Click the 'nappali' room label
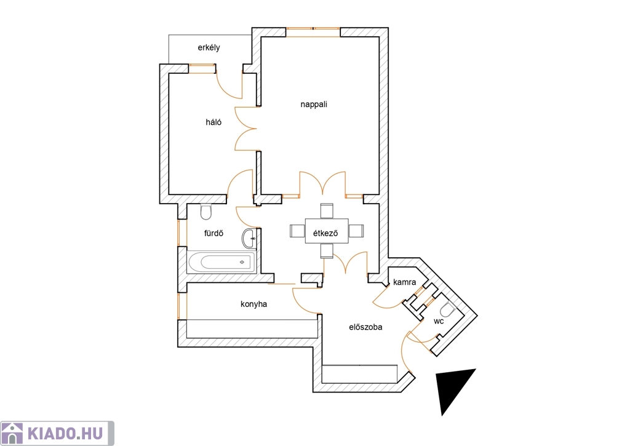pyautogui.click(x=314, y=104)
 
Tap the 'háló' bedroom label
pyautogui.click(x=213, y=122)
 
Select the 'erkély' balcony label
pyautogui.click(x=209, y=47)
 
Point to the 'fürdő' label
pyautogui.click(x=213, y=233)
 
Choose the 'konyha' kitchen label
pyautogui.click(x=253, y=303)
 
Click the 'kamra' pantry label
pyautogui.click(x=405, y=282)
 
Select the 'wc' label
pyautogui.click(x=438, y=321)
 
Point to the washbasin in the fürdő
pyautogui.click(x=249, y=237)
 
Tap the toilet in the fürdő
pyautogui.click(x=206, y=212)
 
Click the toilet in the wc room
pyautogui.click(x=447, y=309)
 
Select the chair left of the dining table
pyautogui.click(x=297, y=231)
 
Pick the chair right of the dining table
pyautogui.click(x=356, y=231)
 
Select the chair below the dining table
pyautogui.click(x=326, y=251)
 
